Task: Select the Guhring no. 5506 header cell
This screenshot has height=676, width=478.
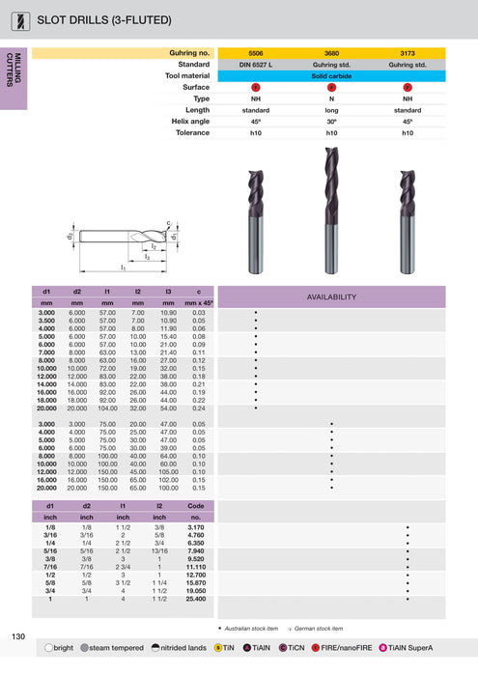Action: pos(255,53)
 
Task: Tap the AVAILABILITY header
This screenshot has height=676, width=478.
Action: pos(331,296)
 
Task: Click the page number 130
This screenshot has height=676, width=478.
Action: pos(18,635)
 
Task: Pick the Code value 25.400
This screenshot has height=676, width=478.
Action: pos(195,600)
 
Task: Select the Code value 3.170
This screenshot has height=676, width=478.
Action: pos(195,528)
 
